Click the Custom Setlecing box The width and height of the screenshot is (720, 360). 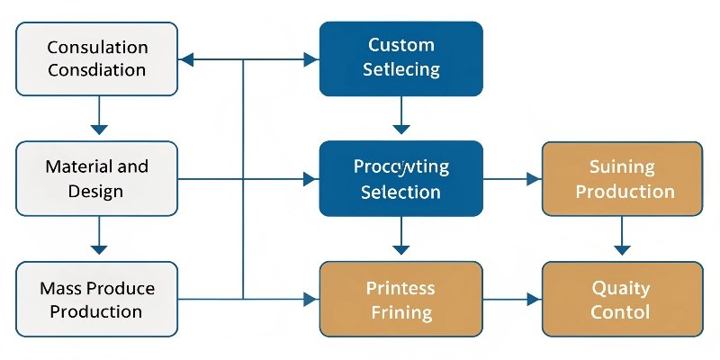pyautogui.click(x=401, y=58)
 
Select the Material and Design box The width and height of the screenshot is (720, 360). pyautogui.click(x=97, y=178)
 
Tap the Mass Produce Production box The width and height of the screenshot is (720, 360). pyautogui.click(x=97, y=299)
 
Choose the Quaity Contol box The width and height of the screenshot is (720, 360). pyautogui.click(x=621, y=299)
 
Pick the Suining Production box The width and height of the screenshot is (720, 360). pyautogui.click(x=621, y=178)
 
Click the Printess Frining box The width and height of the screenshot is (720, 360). pyautogui.click(x=401, y=299)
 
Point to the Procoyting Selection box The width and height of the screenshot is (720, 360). pyautogui.click(x=401, y=178)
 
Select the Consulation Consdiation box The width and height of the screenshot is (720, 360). pyautogui.click(x=97, y=58)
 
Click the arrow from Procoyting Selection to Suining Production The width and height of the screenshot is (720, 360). pyautogui.click(x=512, y=179)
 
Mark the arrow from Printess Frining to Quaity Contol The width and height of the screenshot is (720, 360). pyautogui.click(x=512, y=299)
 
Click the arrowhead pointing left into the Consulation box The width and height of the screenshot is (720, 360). pyautogui.click(x=187, y=60)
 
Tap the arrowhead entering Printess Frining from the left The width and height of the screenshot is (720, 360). pyautogui.click(x=311, y=299)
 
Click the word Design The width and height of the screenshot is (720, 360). pyautogui.click(x=96, y=191)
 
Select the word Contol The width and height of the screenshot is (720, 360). pyautogui.click(x=620, y=311)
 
